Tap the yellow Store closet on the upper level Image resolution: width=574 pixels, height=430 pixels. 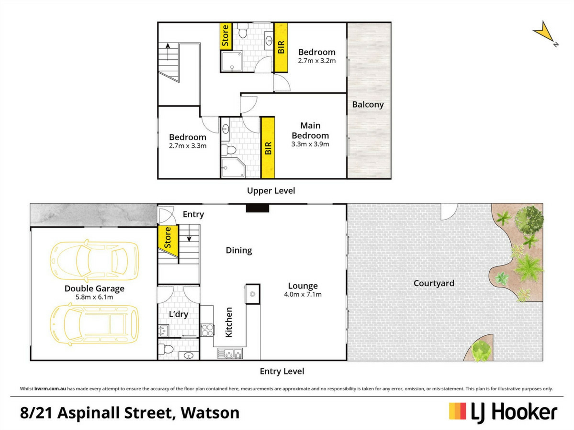point(226,36)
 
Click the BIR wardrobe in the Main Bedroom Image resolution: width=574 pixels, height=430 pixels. point(268,148)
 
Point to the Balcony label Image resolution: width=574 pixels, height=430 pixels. point(368,105)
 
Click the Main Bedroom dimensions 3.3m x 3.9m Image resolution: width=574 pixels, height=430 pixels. point(310,144)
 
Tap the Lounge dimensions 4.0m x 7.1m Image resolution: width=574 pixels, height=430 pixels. point(303,295)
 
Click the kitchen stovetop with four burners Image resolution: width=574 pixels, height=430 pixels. point(207,330)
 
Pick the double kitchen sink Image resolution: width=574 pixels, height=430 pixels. point(230,354)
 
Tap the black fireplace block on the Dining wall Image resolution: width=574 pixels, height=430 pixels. point(257,208)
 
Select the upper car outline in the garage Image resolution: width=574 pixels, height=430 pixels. point(94,261)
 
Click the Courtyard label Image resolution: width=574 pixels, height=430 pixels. point(434,283)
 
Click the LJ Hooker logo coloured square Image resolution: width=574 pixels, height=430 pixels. point(457,411)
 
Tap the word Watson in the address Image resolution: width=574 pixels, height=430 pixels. point(210,413)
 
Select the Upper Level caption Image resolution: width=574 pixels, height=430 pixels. point(271,191)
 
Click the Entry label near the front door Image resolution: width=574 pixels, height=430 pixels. point(193,215)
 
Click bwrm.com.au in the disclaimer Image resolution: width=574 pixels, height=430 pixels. point(50,389)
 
